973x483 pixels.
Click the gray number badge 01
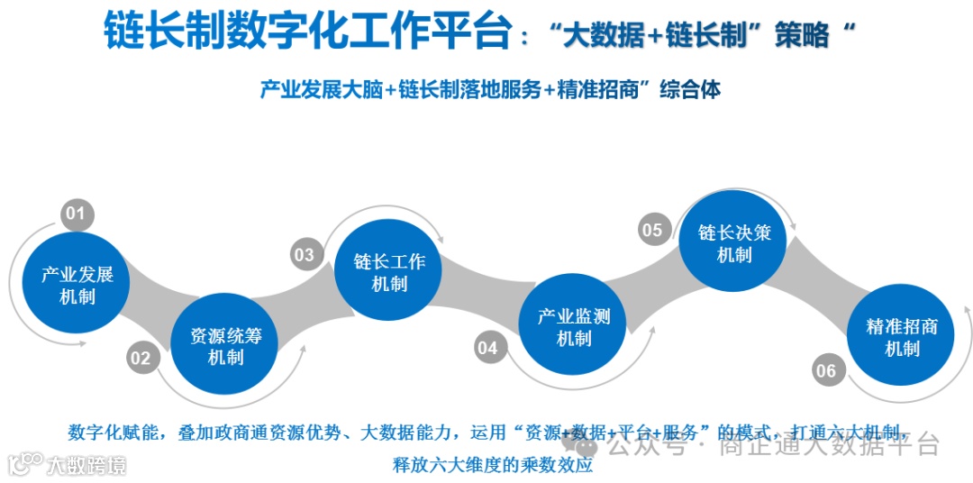(x=77, y=214)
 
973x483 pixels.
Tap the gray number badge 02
(x=141, y=359)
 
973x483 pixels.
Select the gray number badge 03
(x=306, y=255)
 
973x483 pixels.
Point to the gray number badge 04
(x=488, y=348)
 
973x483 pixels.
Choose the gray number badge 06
(x=825, y=370)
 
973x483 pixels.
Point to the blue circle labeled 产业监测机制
(x=574, y=328)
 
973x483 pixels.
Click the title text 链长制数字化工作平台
(x=307, y=33)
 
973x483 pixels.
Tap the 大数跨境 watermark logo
(x=68, y=464)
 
